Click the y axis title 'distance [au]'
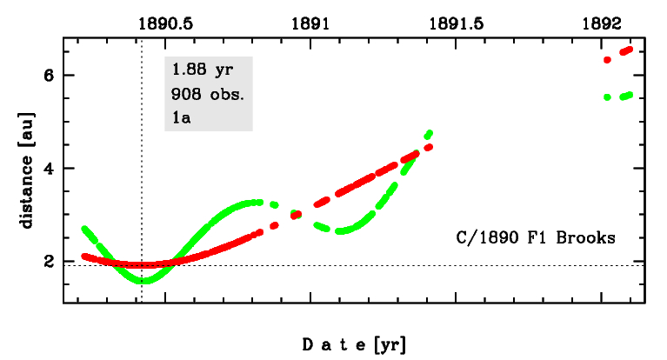click(x=27, y=170)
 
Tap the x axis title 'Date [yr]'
click(x=354, y=344)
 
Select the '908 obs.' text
click(x=209, y=93)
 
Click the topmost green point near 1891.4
click(x=429, y=133)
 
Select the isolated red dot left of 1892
click(x=608, y=60)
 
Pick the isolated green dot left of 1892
click(x=608, y=97)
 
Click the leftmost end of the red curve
click(x=83, y=256)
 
